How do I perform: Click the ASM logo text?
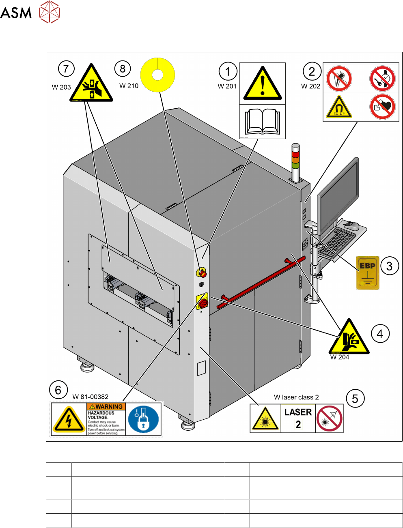point(16,13)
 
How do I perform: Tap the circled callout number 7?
point(66,69)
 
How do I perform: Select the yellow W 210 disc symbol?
point(157,75)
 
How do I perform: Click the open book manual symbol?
point(263,121)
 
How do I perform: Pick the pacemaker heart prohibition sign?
point(382,107)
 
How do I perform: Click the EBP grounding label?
point(367,273)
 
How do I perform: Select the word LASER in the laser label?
point(298,412)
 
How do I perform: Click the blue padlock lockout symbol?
point(144,419)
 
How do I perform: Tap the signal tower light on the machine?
point(295,156)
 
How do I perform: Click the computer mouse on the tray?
point(351,225)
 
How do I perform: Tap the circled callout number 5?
point(355,399)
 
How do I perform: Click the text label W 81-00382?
point(91,397)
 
